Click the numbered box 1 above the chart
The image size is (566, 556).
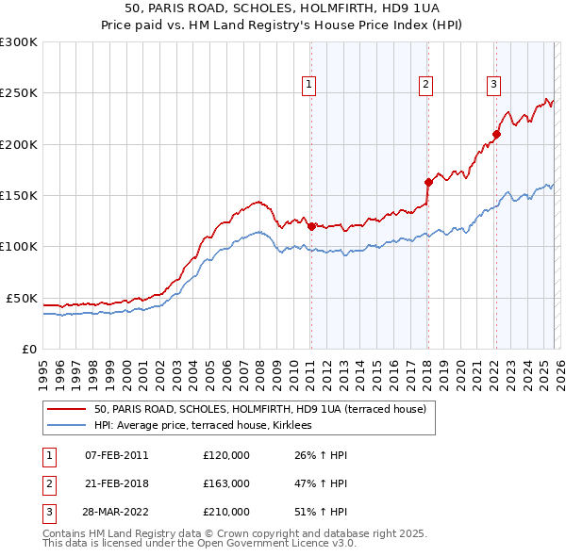[x=309, y=85]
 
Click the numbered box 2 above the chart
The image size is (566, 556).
[x=426, y=85]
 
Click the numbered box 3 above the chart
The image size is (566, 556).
[x=493, y=85]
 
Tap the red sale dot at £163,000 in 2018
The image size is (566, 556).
[x=428, y=182]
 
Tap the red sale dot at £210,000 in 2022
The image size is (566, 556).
[x=496, y=134]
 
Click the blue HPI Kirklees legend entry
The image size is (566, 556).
[x=208, y=426]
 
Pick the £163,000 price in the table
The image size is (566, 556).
[x=226, y=483]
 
